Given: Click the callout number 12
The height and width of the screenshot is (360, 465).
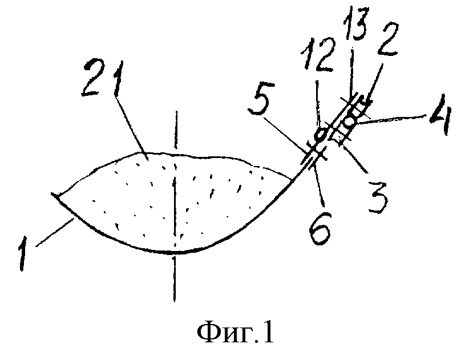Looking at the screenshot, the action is pyautogui.click(x=318, y=55).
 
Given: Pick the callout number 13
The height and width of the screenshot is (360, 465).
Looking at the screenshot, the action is pyautogui.click(x=356, y=25).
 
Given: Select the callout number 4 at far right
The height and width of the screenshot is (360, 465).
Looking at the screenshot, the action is pyautogui.click(x=441, y=115).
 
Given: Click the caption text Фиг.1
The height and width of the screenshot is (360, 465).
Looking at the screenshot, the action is pyautogui.click(x=235, y=333).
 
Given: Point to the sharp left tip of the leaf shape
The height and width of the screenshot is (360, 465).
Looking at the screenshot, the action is pyautogui.click(x=52, y=193).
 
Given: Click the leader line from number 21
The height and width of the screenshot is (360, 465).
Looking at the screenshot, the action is pyautogui.click(x=131, y=126).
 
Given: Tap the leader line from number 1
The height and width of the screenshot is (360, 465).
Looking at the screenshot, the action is pyautogui.click(x=55, y=232).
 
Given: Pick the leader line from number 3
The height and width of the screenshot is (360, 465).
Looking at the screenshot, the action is pyautogui.click(x=356, y=158).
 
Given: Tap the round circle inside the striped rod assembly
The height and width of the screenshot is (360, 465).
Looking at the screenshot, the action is pyautogui.click(x=350, y=122).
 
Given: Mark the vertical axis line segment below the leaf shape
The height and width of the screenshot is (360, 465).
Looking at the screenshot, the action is pyautogui.click(x=175, y=279).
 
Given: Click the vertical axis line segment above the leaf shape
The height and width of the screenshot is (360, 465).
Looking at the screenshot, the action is pyautogui.click(x=176, y=130).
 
